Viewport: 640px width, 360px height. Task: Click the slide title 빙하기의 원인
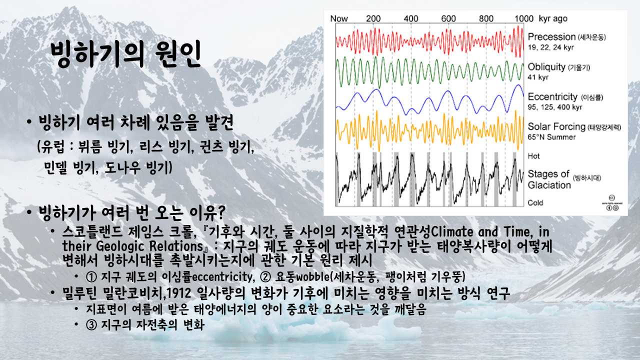point(125,54)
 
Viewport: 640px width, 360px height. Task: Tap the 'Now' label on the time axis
point(339,18)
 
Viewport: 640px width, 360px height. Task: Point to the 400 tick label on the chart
point(411,18)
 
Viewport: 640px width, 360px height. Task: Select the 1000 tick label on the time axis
point(523,18)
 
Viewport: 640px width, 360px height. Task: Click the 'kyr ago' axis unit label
point(553,19)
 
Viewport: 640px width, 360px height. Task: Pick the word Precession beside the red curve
point(551,37)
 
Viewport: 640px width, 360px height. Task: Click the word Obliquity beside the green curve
point(546,67)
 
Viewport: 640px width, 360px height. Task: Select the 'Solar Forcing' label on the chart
point(556,126)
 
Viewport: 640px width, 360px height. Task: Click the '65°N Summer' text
point(551,137)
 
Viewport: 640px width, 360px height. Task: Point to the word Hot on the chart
point(533,156)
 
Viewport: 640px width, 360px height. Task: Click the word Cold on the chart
point(535,202)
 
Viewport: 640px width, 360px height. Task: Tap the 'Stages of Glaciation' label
point(549,179)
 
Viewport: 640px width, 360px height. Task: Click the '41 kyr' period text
point(538,77)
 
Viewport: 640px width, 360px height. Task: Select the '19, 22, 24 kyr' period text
point(550,47)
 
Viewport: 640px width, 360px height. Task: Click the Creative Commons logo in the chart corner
point(611,202)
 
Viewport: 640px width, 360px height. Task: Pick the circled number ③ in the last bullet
point(91,325)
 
